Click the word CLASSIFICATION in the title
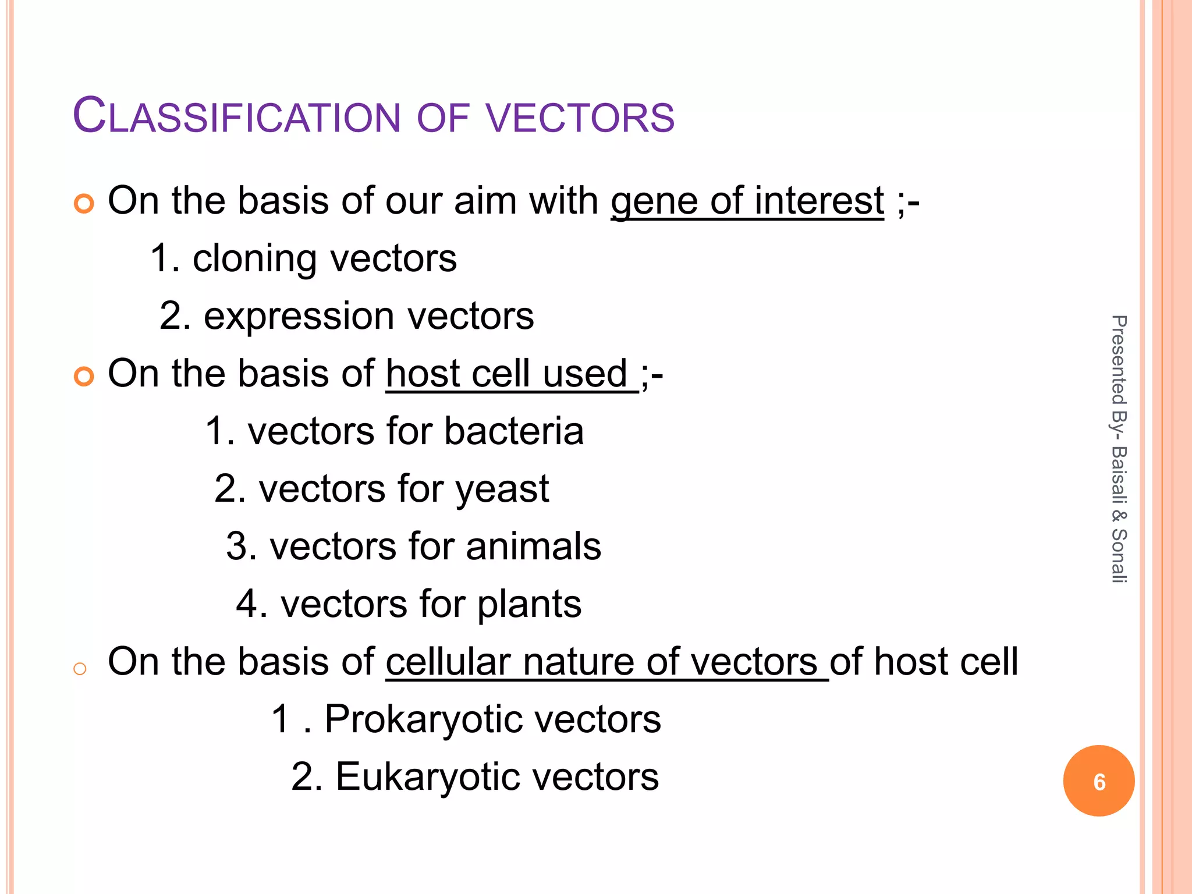236,116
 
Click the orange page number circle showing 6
1098,781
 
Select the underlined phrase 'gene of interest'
747,201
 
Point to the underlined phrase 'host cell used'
512,374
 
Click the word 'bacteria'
514,431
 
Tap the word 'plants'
529,604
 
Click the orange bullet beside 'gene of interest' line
84,204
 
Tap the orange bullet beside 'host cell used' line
84,377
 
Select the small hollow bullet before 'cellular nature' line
80,669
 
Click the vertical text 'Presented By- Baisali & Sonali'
1119,448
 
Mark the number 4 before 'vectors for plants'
247,604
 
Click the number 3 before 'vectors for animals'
237,547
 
